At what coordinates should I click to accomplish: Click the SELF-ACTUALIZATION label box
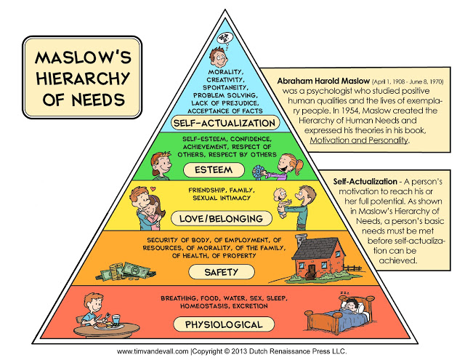pyautogui.click(x=229, y=123)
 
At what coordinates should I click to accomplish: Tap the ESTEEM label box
pyautogui.click(x=229, y=170)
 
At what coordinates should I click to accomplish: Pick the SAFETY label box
pyautogui.click(x=229, y=272)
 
